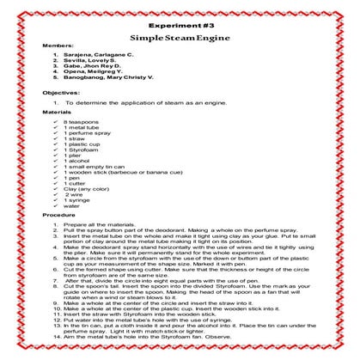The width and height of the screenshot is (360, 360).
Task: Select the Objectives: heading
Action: [x=58, y=113]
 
